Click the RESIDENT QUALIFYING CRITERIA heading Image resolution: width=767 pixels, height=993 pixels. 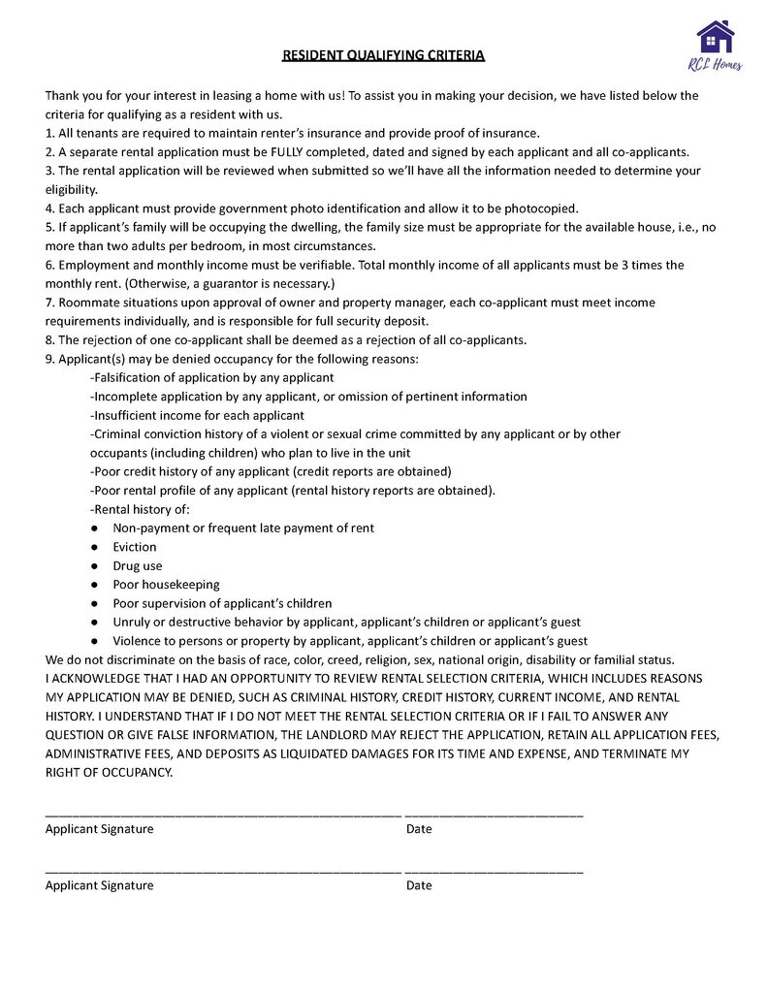[383, 55]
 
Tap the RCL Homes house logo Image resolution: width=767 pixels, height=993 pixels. [716, 38]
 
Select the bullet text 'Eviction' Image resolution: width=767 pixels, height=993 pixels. [135, 547]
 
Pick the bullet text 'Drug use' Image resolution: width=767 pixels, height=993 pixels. [138, 565]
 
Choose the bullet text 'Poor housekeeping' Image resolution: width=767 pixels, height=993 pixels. [166, 585]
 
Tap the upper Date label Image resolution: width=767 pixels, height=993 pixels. [419, 829]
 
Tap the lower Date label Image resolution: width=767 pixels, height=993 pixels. [419, 885]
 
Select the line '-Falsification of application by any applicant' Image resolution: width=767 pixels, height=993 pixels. [211, 377]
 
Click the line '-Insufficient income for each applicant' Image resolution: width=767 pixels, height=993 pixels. [197, 415]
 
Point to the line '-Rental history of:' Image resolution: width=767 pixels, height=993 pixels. [140, 509]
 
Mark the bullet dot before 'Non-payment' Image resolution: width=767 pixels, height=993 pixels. [94, 529]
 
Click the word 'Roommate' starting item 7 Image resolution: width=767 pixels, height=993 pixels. [86, 303]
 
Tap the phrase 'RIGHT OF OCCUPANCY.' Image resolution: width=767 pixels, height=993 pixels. [109, 773]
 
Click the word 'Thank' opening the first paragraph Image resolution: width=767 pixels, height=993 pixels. [62, 95]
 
